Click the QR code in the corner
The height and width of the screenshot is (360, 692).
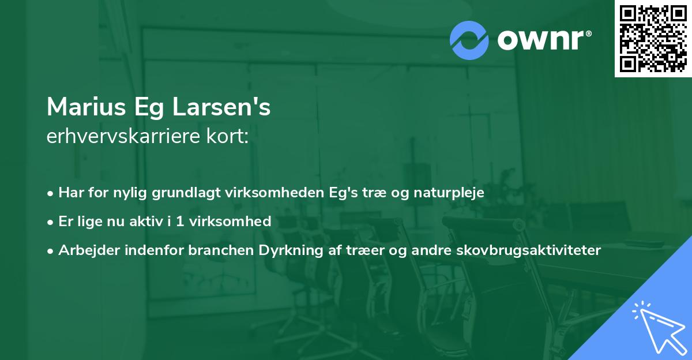[x=653, y=38]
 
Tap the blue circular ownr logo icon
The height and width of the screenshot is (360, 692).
[x=469, y=40]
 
